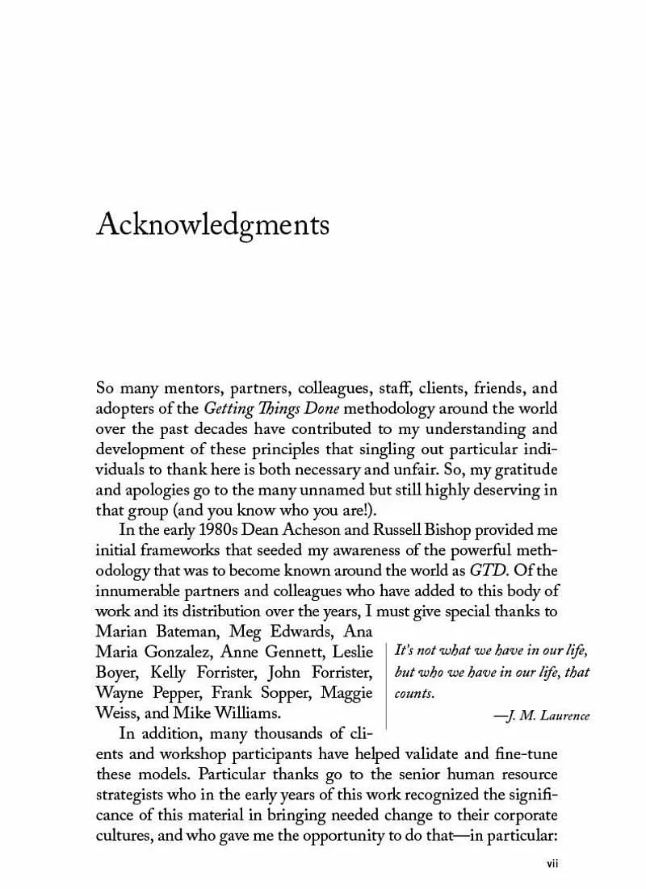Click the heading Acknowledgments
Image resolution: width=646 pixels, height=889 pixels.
click(x=212, y=225)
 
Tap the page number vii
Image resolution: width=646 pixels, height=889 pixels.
click(x=553, y=862)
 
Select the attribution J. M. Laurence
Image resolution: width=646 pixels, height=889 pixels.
click(x=546, y=716)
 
